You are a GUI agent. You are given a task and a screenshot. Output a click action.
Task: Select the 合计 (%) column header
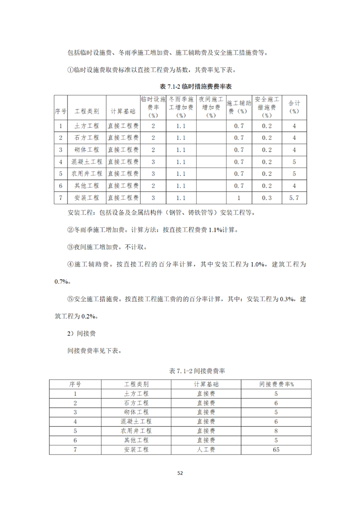tap(295, 107)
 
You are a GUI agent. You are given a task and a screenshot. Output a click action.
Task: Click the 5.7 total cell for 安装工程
tap(295, 198)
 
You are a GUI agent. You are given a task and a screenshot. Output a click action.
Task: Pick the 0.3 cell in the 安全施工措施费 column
tap(267, 198)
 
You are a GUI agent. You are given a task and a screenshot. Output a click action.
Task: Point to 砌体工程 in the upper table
tap(86, 149)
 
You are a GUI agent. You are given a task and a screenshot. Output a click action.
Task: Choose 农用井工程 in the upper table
tap(86, 173)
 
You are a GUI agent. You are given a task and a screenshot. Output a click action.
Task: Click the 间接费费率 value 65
tap(276, 450)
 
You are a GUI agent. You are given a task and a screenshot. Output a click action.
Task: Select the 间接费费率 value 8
tap(276, 431)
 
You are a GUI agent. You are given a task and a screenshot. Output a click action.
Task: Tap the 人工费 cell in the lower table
tap(206, 450)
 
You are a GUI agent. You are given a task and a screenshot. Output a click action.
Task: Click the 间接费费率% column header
tap(276, 384)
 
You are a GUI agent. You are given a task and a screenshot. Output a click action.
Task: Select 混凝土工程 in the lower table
tap(136, 421)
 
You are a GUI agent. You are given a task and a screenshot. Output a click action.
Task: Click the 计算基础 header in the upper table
tap(123, 111)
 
